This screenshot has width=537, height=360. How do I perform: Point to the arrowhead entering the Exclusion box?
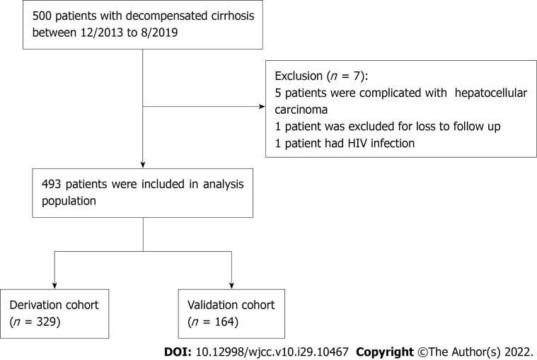pos(261,108)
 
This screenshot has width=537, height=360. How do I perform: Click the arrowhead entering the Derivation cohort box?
pos(55,285)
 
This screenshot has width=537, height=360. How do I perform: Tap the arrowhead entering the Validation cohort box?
pos(232,285)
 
